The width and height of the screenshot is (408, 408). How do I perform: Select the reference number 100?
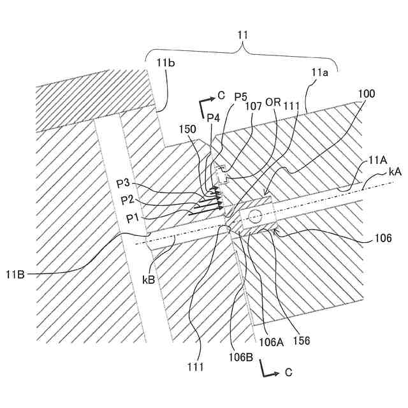tap(366, 93)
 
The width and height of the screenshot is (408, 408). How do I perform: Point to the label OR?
tap(273, 103)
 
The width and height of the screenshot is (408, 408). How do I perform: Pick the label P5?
tap(240, 96)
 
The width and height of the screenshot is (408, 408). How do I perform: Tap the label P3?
tap(125, 184)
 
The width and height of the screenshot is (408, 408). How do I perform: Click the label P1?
tap(133, 218)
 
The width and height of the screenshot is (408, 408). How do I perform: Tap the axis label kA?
tap(395, 172)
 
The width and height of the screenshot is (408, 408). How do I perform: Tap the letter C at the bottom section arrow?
tap(288, 371)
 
